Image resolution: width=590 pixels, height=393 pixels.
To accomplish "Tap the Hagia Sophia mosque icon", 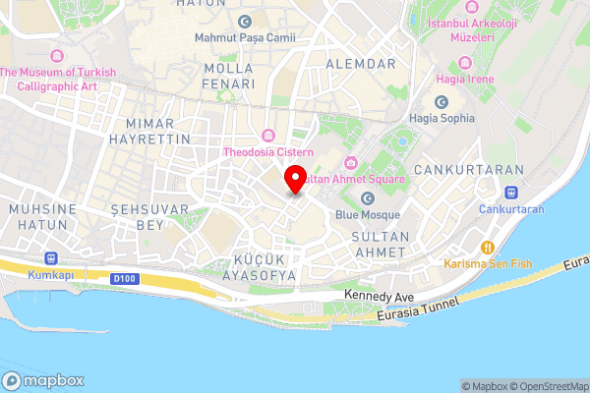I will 442,102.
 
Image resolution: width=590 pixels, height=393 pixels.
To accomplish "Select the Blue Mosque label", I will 368,214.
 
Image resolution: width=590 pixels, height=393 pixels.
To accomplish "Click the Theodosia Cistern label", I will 268,152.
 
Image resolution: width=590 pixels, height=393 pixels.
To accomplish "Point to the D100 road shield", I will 123,279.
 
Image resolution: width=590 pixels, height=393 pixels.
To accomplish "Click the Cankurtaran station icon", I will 512,193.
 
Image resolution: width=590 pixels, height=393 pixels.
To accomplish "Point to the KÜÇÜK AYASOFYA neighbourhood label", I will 264,267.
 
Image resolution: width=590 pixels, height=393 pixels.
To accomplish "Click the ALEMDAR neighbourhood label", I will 367,63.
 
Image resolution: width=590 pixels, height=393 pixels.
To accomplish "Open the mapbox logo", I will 43,380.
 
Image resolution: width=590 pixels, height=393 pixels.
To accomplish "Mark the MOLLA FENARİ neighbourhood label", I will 228,76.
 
